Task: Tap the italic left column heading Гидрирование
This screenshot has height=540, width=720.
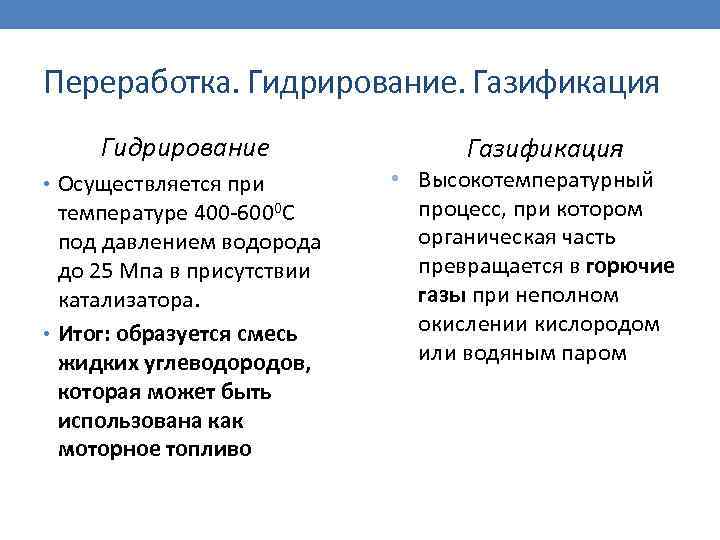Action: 185,149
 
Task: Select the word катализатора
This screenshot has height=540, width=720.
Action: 128,301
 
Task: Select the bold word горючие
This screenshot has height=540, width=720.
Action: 631,267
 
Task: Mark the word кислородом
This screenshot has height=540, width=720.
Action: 602,325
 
